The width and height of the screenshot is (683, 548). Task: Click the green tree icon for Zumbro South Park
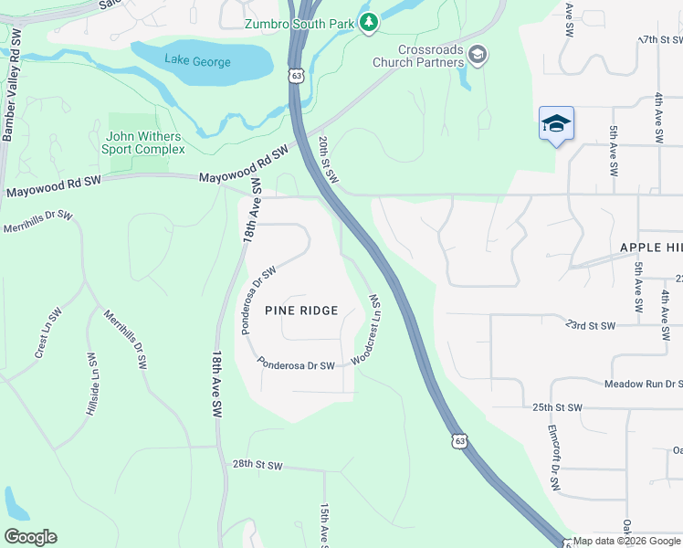tap(368, 22)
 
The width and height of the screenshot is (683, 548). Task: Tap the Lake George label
tap(197, 62)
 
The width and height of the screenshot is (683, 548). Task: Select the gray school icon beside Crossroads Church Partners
tap(477, 57)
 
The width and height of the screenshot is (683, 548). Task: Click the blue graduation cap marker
tap(556, 124)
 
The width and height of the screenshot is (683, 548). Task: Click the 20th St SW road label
tap(328, 160)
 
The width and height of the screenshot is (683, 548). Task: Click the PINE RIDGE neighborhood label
tap(301, 311)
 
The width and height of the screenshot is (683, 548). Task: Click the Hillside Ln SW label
tap(91, 385)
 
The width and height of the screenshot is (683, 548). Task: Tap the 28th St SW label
tap(257, 466)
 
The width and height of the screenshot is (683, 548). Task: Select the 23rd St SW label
tap(591, 324)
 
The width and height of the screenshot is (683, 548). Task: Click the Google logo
tap(30, 537)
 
